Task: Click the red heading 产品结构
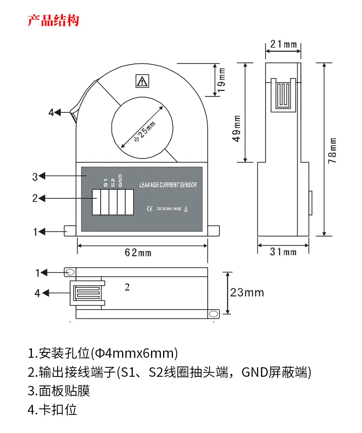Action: (x=53, y=20)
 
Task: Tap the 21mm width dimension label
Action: (x=283, y=44)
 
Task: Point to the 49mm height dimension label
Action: (x=237, y=129)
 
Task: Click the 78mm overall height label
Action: (x=332, y=150)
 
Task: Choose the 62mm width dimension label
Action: (x=138, y=252)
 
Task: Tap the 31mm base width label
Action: (x=283, y=252)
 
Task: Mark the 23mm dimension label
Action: (x=247, y=292)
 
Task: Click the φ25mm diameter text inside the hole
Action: (x=144, y=131)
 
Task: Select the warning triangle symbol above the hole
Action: (x=142, y=81)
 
